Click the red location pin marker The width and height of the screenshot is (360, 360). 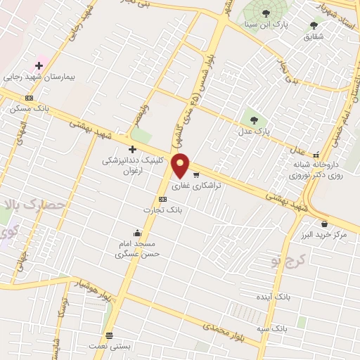pos(181,165)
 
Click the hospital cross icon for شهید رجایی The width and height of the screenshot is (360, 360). pos(39,65)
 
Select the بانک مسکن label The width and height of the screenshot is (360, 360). pos(27,109)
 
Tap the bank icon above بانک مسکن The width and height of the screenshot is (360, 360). pos(29,98)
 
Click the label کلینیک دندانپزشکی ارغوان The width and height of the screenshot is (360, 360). pos(132,165)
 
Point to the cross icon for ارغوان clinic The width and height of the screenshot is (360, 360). pos(132,148)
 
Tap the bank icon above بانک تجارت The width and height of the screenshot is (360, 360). pos(163,199)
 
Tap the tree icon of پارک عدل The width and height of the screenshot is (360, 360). pos(254,119)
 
